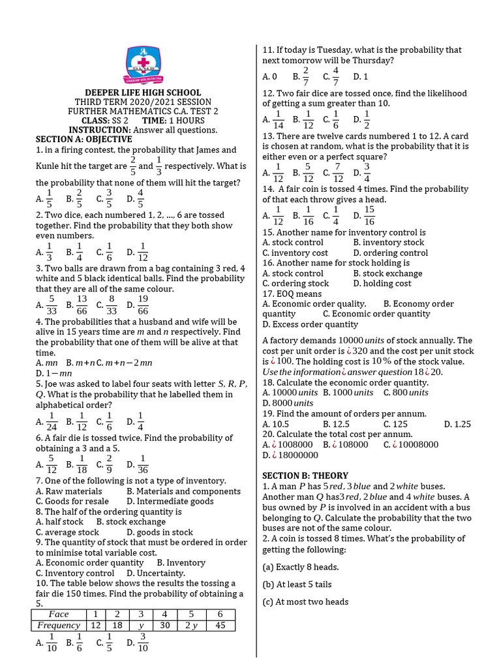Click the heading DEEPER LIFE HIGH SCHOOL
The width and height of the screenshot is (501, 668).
143,93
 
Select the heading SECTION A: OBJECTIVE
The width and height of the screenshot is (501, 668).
83,139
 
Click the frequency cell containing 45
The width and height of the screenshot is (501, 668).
220,626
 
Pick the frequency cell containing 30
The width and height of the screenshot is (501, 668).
164,626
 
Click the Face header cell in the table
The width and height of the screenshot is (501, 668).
59,614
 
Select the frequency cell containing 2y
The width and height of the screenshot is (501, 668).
191,626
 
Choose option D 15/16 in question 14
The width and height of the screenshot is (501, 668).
365,215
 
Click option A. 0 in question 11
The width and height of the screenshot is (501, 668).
270,76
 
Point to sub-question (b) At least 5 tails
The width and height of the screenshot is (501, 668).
297,584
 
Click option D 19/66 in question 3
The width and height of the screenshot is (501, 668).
138,304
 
